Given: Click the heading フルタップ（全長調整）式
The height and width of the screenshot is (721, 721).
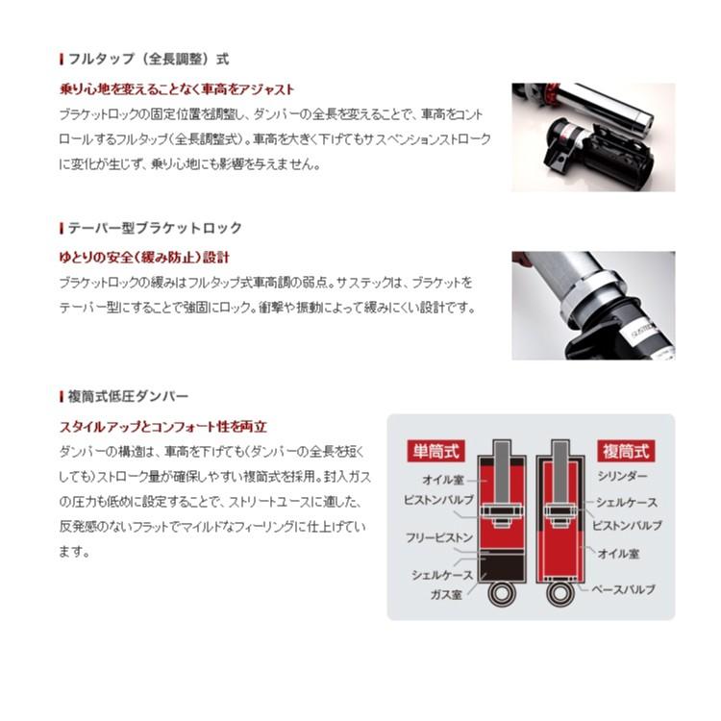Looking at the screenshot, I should pos(149,60).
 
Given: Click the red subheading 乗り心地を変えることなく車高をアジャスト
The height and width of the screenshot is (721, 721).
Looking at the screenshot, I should pos(177,89).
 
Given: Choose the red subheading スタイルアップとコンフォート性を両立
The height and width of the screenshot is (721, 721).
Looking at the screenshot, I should pos(163,426).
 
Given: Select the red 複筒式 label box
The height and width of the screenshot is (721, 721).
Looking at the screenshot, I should pos(625,449).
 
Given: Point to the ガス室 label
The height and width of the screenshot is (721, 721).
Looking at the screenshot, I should pos(446,594).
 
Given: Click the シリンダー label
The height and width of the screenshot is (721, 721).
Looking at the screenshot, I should pos(622,476).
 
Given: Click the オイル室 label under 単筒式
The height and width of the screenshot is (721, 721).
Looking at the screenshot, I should pos(444,479).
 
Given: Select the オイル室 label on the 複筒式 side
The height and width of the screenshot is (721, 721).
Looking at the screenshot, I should pos(619,554).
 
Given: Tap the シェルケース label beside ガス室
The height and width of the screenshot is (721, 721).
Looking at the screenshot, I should pos(442,574).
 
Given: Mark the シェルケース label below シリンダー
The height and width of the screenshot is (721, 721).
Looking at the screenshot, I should pos(626,502).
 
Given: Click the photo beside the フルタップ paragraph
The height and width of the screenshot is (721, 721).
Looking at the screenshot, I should pos(593,136).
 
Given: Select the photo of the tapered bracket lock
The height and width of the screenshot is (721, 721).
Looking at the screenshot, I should pos(593,306).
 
